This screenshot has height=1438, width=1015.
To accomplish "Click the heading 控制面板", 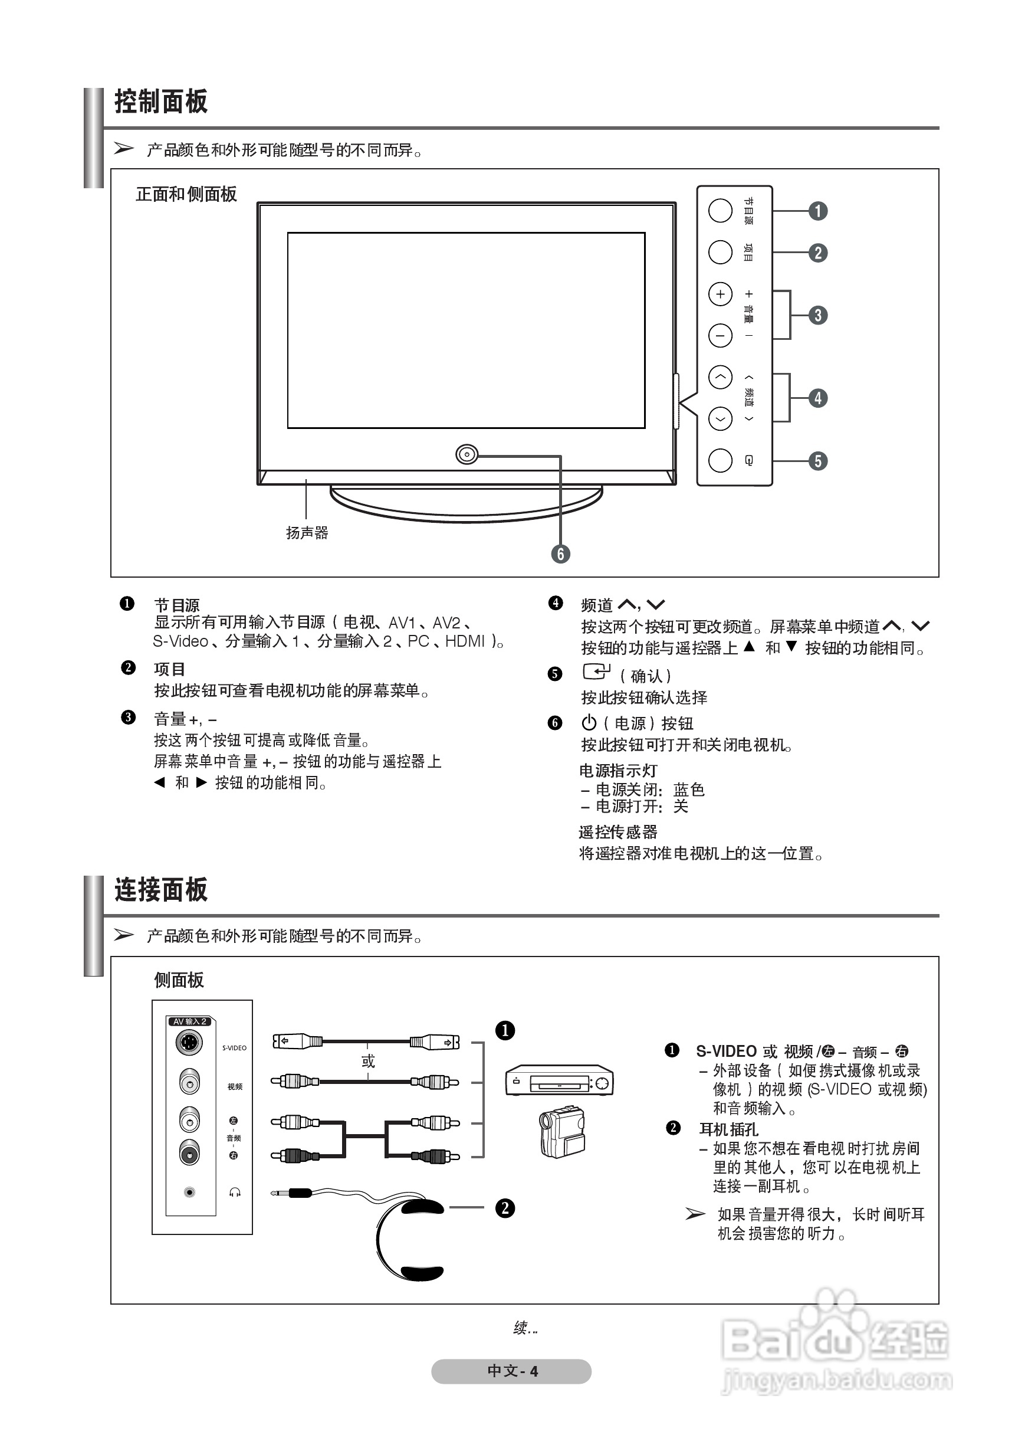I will point(161,101).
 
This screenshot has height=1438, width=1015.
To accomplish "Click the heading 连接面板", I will point(161,889).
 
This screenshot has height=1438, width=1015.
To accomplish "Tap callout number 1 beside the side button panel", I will point(818,211).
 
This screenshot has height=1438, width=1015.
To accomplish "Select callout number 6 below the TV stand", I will point(560,553).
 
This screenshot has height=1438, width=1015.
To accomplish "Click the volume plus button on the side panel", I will point(720,294).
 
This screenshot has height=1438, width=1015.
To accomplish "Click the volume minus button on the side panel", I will point(720,336).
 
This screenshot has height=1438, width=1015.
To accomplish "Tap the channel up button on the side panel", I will point(720,377).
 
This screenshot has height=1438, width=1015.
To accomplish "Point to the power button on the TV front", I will point(467,454).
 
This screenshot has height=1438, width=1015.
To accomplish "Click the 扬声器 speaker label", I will point(307,533).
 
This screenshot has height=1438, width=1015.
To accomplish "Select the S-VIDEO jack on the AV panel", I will point(189,1043).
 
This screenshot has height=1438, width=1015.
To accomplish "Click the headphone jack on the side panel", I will point(190,1193).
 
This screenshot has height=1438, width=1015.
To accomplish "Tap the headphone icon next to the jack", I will point(235,1193).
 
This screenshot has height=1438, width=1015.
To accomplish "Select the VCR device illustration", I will point(559,1080).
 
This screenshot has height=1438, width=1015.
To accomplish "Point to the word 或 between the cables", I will point(368,1061).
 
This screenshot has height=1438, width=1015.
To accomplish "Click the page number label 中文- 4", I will point(511,1371).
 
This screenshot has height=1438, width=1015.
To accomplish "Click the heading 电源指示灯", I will point(617,771).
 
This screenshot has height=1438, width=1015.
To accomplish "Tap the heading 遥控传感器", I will point(617,832).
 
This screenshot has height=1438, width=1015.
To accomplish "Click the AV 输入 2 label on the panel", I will point(190,1021).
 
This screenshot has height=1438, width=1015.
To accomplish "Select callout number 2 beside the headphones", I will point(505,1208).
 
